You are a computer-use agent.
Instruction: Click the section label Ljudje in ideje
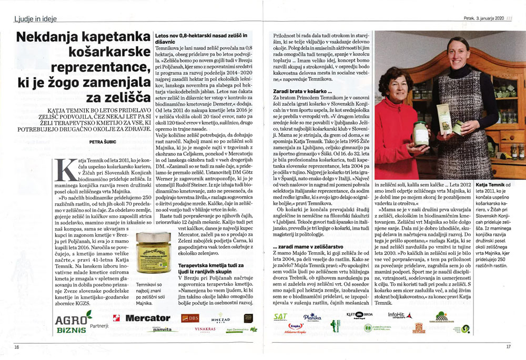[35, 19]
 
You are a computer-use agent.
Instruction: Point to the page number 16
[16, 346]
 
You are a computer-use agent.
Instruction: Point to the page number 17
[508, 346]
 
